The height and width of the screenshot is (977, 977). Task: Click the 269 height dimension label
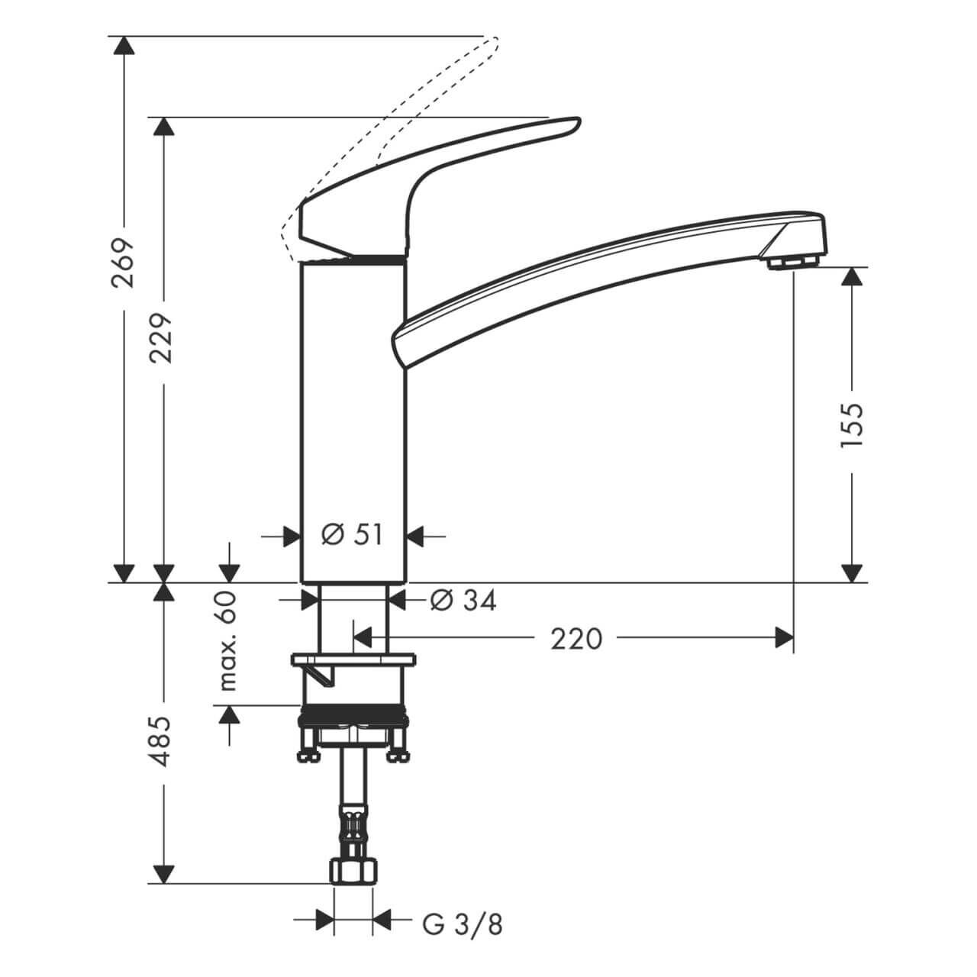pyautogui.click(x=122, y=262)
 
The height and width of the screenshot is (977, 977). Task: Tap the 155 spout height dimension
pyautogui.click(x=852, y=424)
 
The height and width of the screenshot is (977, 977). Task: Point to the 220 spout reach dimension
pyautogui.click(x=577, y=638)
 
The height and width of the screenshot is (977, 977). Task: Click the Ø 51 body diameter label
pyautogui.click(x=352, y=535)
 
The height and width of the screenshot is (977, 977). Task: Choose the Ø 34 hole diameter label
pyautogui.click(x=463, y=601)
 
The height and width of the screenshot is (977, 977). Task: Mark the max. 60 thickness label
pyautogui.click(x=228, y=640)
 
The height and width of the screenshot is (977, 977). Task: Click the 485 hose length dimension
pyautogui.click(x=163, y=740)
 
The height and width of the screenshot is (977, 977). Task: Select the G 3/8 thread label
pyautogui.click(x=463, y=924)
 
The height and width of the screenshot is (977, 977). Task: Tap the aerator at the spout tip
pyautogui.click(x=794, y=262)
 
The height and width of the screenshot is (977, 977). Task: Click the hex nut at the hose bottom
pyautogui.click(x=353, y=871)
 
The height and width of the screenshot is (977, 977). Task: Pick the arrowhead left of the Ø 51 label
pyautogui.click(x=290, y=536)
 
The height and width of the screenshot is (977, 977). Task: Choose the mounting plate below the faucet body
pyautogui.click(x=353, y=659)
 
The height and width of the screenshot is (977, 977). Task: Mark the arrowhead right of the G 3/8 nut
pyautogui.click(x=382, y=920)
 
